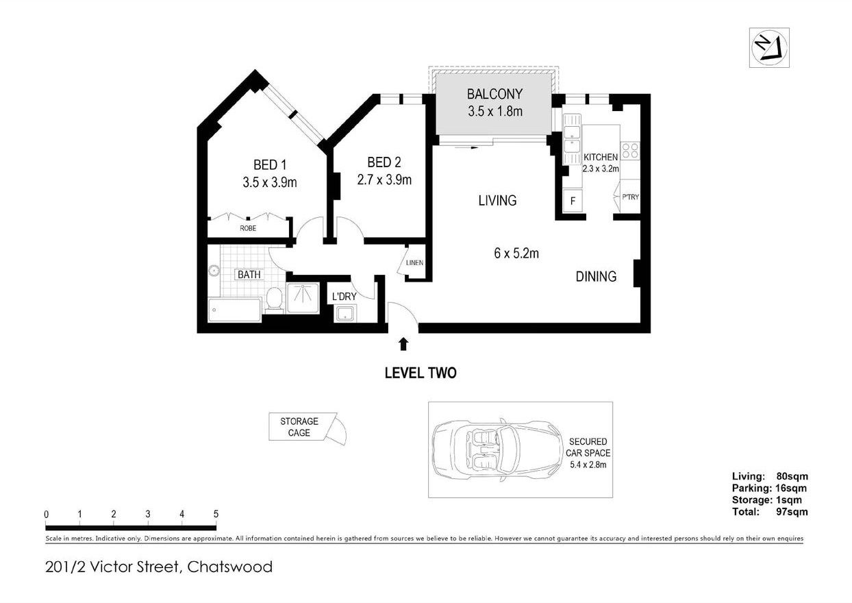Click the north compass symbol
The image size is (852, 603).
(x=769, y=47)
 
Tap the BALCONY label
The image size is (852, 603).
(x=494, y=94)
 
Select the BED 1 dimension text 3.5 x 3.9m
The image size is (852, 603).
(x=269, y=182)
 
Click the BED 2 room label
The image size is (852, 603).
(x=384, y=162)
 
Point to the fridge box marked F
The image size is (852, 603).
(x=573, y=201)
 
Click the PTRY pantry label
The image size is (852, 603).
(x=630, y=197)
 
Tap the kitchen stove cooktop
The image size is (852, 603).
(x=629, y=150)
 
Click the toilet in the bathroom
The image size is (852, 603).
(x=274, y=299)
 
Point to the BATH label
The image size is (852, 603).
(x=249, y=275)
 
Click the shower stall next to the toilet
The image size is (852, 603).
(x=302, y=297)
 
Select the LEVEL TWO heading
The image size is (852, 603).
(x=420, y=373)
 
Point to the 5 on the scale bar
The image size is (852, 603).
(x=216, y=514)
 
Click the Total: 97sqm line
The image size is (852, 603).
(x=769, y=511)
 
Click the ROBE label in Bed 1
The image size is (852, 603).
(x=248, y=228)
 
